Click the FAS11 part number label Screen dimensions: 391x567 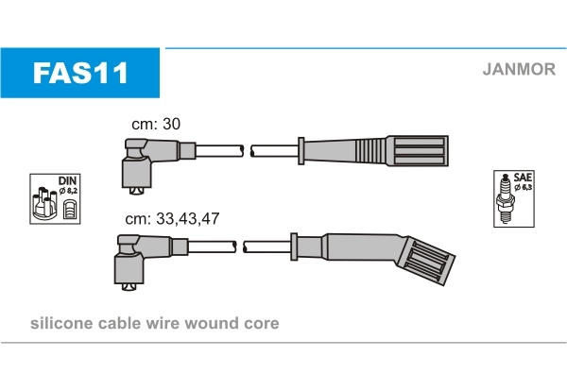pyautogui.click(x=80, y=73)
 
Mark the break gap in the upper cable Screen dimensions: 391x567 pyautogui.click(x=249, y=150)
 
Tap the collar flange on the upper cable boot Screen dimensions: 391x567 pyautogui.click(x=300, y=151)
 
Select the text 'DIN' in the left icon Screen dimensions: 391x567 pyautogui.click(x=65, y=180)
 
